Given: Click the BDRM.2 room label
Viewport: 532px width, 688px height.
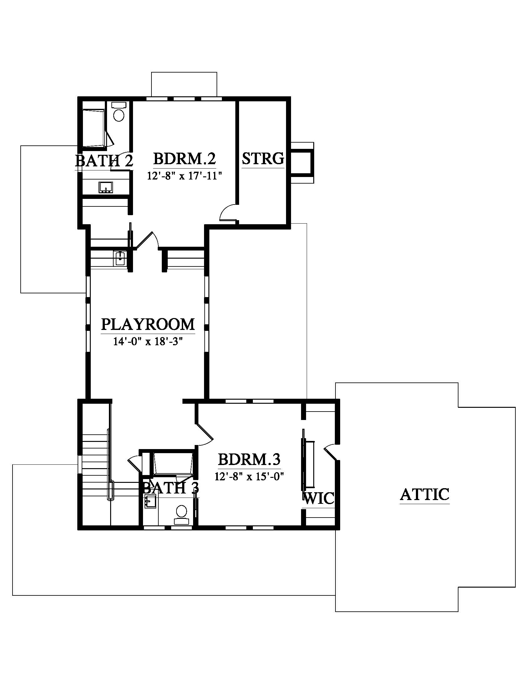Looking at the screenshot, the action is (184, 159).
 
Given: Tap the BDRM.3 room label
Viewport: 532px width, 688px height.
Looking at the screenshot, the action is (249, 459).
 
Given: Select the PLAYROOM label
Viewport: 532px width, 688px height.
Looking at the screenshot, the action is (148, 325).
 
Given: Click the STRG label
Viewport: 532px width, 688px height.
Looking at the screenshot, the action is (263, 159).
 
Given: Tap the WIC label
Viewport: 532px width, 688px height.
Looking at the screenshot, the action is (318, 498).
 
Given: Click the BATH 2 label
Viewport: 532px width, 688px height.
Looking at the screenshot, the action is (104, 161).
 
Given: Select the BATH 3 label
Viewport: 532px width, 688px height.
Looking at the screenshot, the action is (171, 488).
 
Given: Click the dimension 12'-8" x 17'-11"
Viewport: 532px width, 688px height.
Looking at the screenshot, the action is (185, 175).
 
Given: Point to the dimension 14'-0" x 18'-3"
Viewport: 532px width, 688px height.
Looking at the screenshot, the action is (148, 341).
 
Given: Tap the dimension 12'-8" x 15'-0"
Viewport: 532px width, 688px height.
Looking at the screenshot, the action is (249, 476).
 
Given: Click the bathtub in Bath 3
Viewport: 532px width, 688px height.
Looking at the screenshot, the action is (173, 463).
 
